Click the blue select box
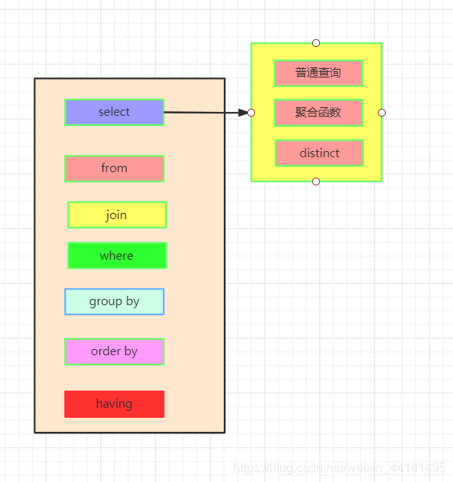pyautogui.click(x=114, y=112)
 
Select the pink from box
pyautogui.click(x=114, y=168)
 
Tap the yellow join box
pyautogui.click(x=117, y=215)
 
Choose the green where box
pyautogui.click(x=117, y=256)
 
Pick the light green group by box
pyautogui.click(x=114, y=301)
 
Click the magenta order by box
pyautogui.click(x=114, y=351)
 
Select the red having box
pyautogui.click(x=114, y=404)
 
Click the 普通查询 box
pyautogui.click(x=318, y=73)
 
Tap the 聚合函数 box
pyautogui.click(x=318, y=113)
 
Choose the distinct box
pyautogui.click(x=319, y=153)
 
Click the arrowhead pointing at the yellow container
pyautogui.click(x=242, y=113)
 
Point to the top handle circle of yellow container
pyautogui.click(x=316, y=42)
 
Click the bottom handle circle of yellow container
pyautogui.click(x=316, y=182)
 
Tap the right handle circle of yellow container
pyautogui.click(x=382, y=113)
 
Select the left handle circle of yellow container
pyautogui.click(x=251, y=113)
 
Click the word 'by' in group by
pyautogui.click(x=132, y=301)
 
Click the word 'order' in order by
pyautogui.click(x=106, y=351)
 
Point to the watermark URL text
pyautogui.click(x=340, y=468)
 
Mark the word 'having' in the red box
pyautogui.click(x=114, y=404)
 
